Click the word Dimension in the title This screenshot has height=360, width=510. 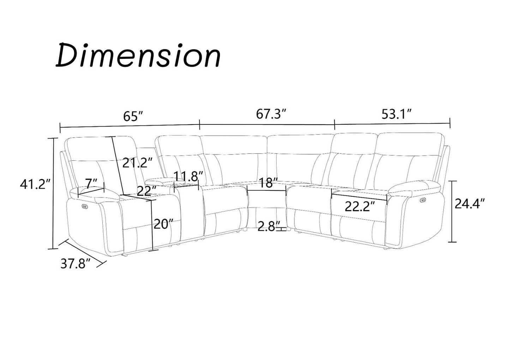(138, 56)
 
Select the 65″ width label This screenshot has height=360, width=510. (133, 116)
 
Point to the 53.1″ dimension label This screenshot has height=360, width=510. (397, 114)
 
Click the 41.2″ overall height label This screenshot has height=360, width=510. (35, 184)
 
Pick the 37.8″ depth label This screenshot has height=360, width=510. (76, 264)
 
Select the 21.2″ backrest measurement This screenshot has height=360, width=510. (137, 163)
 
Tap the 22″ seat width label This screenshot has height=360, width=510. (146, 191)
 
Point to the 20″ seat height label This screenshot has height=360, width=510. (164, 224)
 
